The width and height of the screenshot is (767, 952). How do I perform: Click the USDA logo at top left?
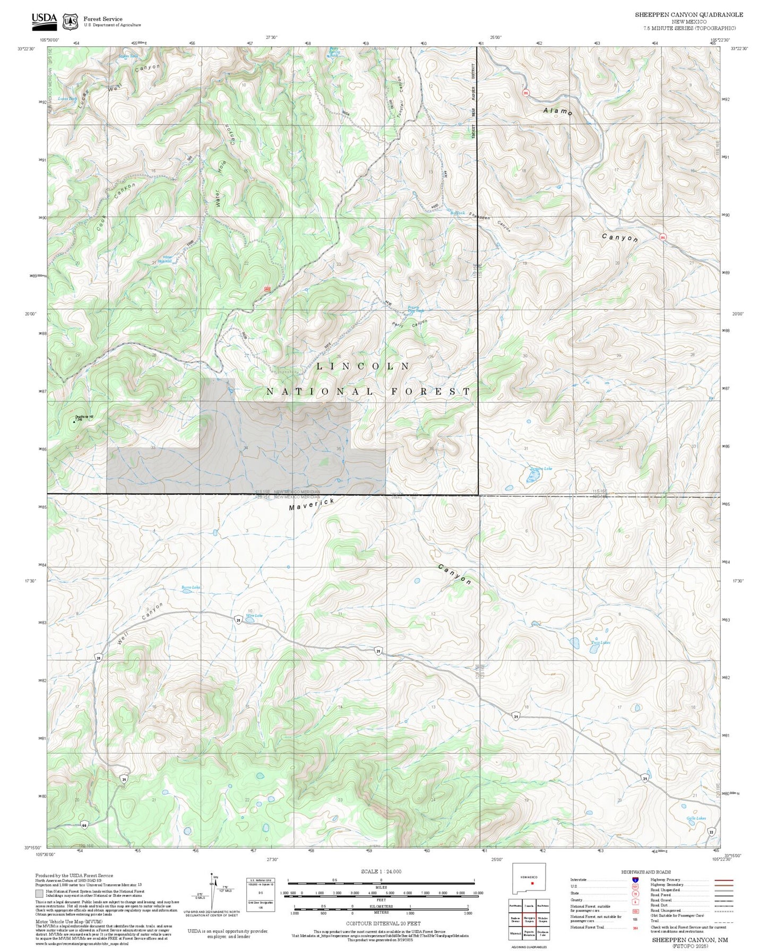pos(44,20)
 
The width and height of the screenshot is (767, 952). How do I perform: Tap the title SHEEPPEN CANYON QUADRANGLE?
pos(688,15)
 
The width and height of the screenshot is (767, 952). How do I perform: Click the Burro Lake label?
pos(191,587)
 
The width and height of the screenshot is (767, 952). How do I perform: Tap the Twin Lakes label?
pos(600,642)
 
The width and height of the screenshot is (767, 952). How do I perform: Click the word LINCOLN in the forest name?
pos(363,366)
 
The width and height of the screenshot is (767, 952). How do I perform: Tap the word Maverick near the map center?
pos(312,504)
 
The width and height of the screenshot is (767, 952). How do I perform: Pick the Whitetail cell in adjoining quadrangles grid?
pos(515,933)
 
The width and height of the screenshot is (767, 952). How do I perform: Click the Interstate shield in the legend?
pos(635,879)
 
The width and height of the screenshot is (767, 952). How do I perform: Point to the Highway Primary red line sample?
pos(722,879)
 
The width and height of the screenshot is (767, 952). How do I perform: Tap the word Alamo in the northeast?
pos(557,111)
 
